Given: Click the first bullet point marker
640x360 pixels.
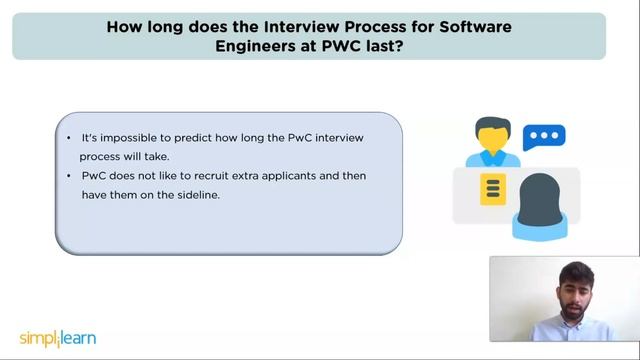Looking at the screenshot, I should click(68, 137).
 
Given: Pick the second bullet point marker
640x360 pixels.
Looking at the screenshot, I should click(68, 175).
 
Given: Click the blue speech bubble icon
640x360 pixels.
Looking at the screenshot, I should click(545, 137).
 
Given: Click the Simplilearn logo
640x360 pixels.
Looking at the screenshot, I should click(58, 338).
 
